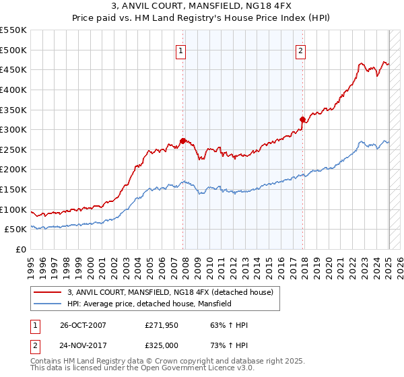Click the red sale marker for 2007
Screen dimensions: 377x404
(182, 141)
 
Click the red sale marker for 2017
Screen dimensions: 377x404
(303, 120)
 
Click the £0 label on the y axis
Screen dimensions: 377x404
(20, 249)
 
